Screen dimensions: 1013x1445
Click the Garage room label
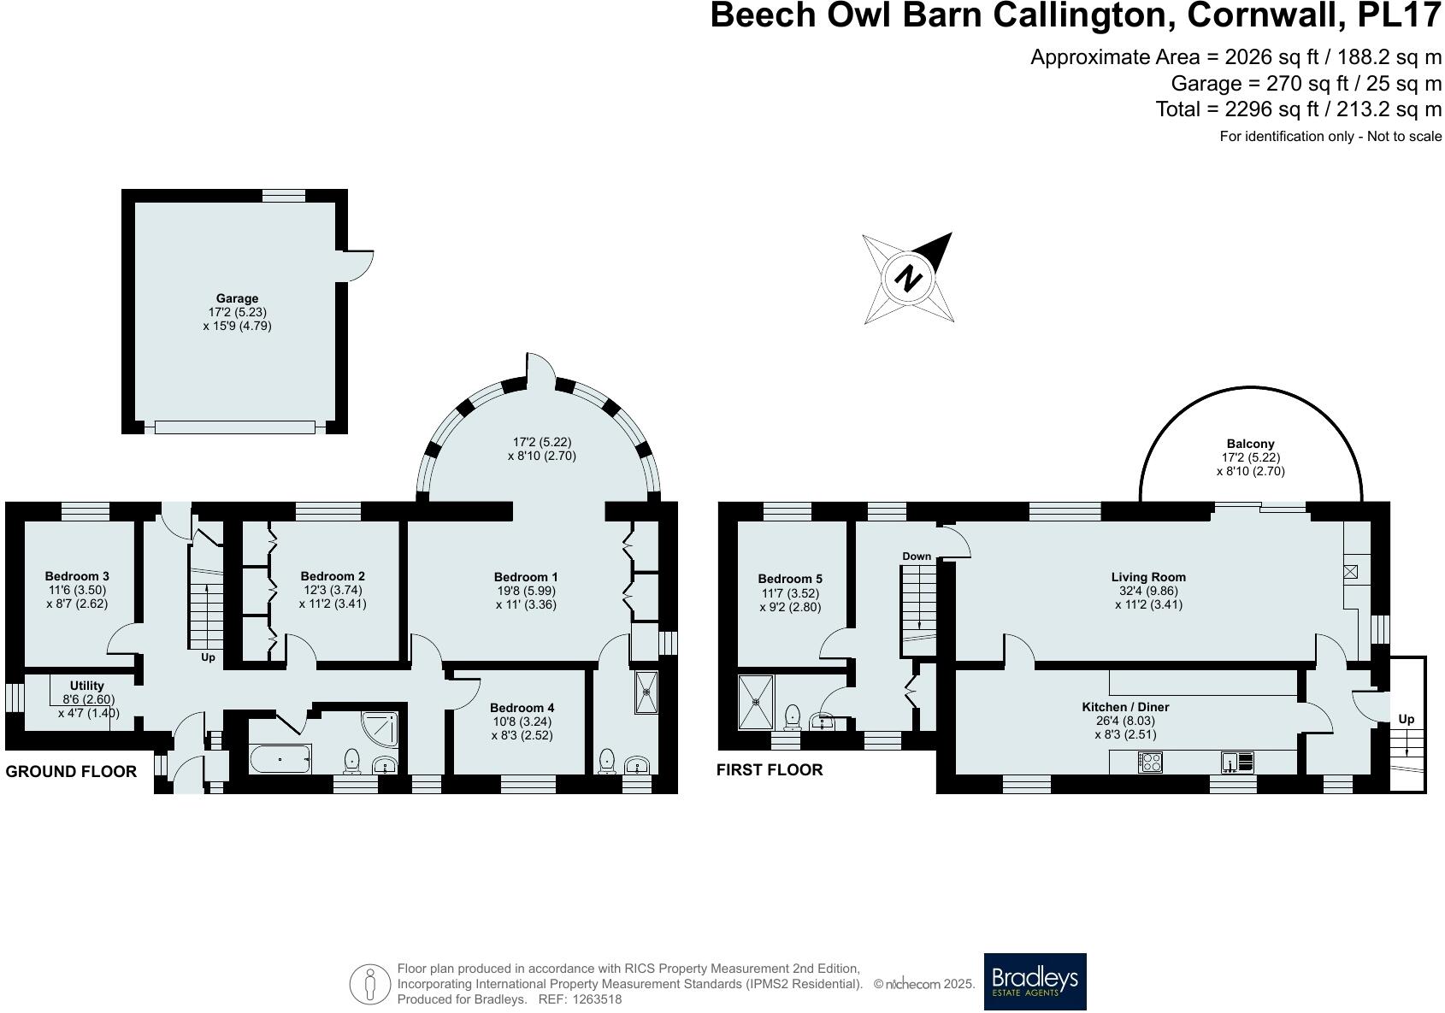tap(237, 299)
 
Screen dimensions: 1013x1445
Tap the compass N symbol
tap(909, 278)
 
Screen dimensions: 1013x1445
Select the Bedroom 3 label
tap(77, 576)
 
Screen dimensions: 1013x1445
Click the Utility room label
tap(87, 686)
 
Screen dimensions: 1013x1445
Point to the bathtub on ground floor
tap(280, 758)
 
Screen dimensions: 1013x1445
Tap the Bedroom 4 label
tap(522, 708)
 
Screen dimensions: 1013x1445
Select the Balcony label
tap(1250, 444)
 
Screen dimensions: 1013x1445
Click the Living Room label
tap(1148, 577)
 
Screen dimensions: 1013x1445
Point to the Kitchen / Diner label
tap(1125, 707)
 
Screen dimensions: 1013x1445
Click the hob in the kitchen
tap(1150, 762)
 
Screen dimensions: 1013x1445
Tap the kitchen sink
tap(1238, 761)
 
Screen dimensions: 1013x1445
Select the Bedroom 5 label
tap(790, 579)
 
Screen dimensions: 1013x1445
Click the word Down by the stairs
tap(917, 557)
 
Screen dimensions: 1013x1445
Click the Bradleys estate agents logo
tap(1035, 981)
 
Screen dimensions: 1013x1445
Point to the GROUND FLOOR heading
tap(71, 771)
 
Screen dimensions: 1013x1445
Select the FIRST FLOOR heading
tap(770, 769)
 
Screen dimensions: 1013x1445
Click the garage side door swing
tap(358, 265)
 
